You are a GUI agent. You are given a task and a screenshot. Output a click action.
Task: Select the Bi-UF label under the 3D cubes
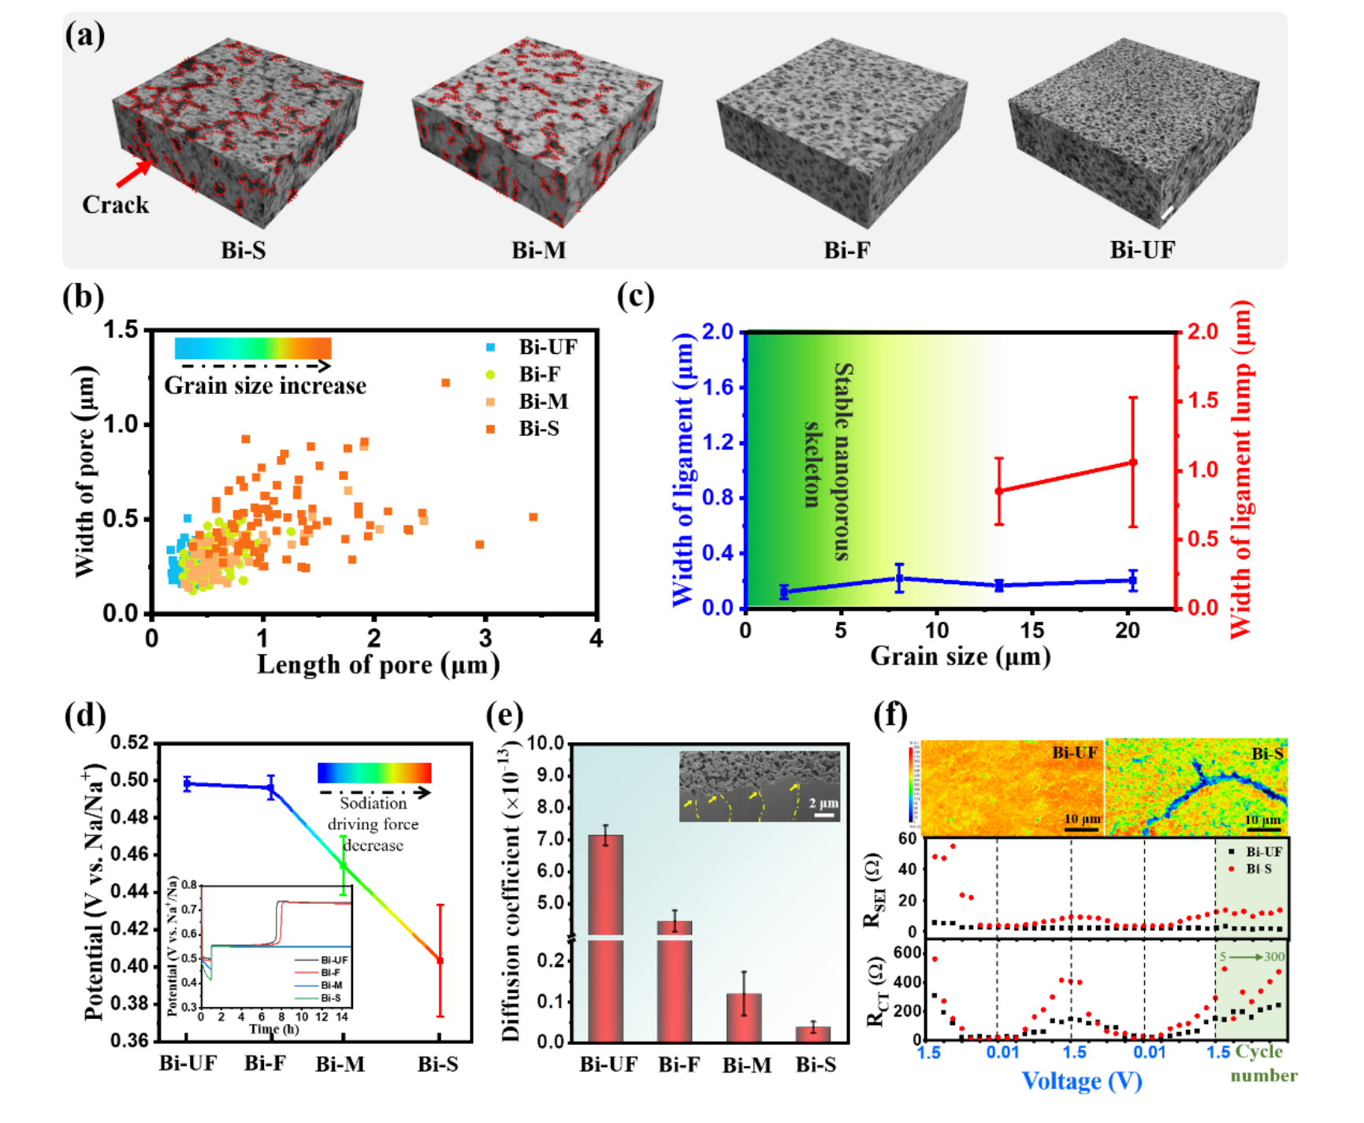1142,251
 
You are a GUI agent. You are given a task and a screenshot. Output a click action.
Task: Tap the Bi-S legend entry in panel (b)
538,429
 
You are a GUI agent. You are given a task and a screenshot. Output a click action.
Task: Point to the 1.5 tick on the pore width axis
122,330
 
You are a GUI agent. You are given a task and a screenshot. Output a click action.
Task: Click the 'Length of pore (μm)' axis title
378,665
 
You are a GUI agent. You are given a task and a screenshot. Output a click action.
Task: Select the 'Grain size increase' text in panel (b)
265,386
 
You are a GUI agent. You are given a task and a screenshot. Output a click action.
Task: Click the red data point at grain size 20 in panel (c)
1133,463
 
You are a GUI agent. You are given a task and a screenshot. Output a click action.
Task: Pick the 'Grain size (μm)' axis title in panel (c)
960,656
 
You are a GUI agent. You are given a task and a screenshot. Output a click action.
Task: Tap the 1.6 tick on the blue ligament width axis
717,387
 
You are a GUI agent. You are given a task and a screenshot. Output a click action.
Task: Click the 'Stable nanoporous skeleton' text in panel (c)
827,461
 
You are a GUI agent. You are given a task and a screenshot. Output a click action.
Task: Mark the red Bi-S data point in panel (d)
440,961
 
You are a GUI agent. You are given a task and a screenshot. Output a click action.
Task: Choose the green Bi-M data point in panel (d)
344,865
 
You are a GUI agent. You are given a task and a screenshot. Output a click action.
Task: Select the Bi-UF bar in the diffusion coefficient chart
606,938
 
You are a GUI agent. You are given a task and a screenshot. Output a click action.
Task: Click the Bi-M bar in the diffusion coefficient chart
745,1017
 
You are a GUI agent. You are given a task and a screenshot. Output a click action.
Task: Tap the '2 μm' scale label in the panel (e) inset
823,803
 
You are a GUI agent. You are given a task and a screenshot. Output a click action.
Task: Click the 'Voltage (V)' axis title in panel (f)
1081,1080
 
